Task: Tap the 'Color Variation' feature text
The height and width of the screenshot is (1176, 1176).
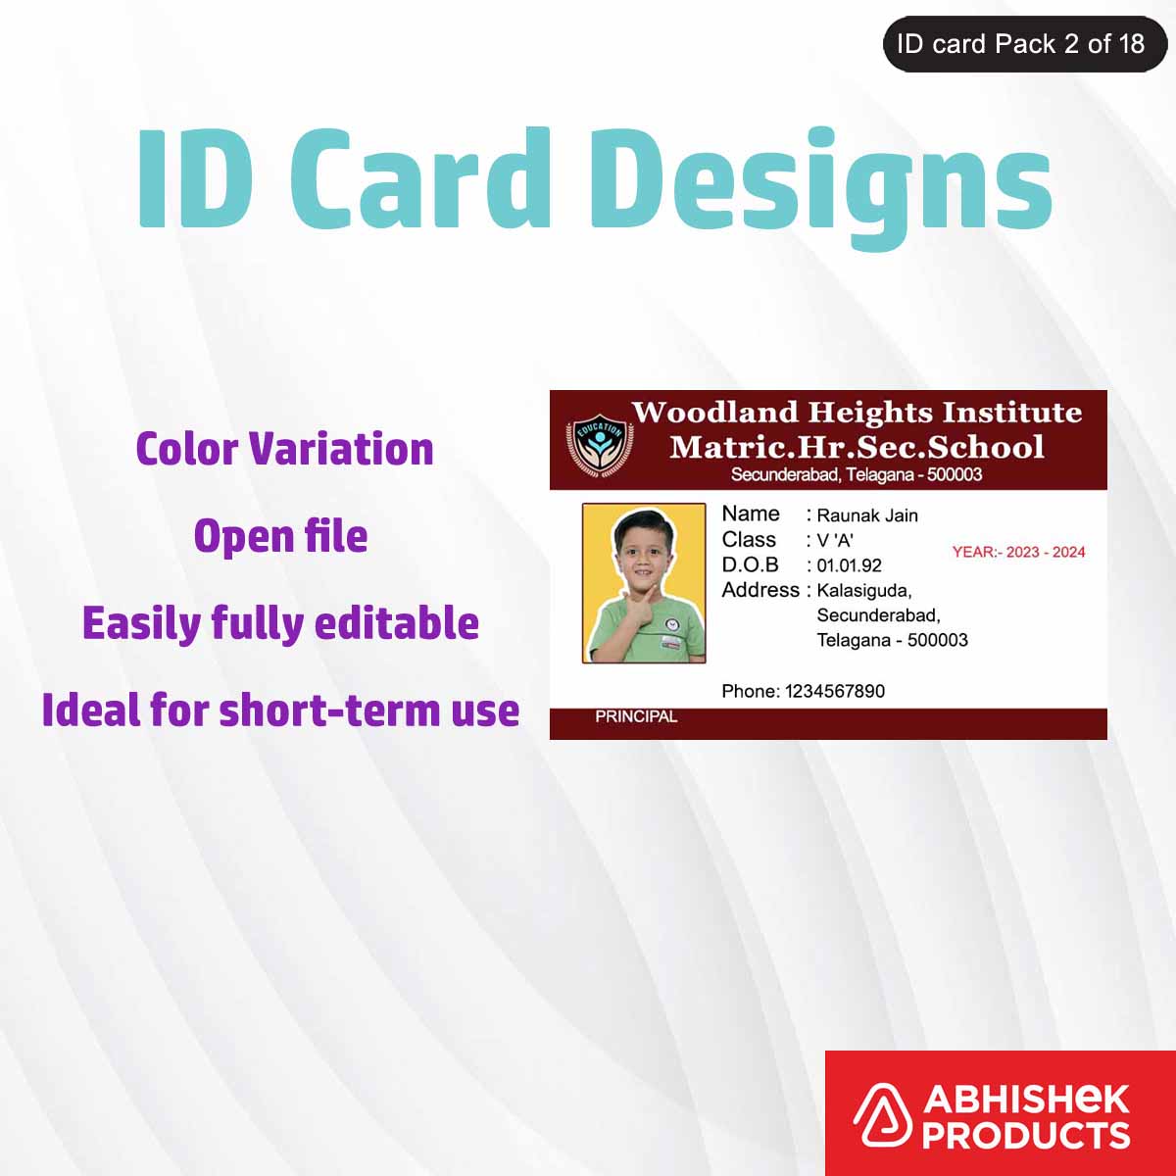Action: (x=284, y=449)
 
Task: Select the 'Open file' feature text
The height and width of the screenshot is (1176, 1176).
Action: (x=280, y=536)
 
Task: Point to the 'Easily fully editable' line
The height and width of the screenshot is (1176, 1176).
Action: (x=280, y=623)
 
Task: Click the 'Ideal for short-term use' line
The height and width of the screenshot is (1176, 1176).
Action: (x=280, y=710)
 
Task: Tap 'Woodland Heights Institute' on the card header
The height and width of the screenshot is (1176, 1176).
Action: (x=857, y=413)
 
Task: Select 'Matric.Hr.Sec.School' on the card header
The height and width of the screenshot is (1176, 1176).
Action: (x=857, y=447)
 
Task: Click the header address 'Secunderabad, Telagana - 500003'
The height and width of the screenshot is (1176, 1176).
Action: (x=857, y=475)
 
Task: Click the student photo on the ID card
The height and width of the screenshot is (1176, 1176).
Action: (x=644, y=583)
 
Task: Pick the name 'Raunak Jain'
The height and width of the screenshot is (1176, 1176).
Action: (x=867, y=515)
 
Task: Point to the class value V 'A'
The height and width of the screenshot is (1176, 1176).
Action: (x=835, y=540)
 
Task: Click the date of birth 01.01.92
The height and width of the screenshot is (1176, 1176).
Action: (x=849, y=565)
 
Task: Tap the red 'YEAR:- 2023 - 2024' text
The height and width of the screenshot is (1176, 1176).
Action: (x=1018, y=553)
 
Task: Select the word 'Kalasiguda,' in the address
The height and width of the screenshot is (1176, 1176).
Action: (x=864, y=591)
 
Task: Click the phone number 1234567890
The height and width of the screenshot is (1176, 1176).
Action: (x=835, y=691)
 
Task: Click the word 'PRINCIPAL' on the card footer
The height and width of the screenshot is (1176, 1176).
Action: (x=636, y=717)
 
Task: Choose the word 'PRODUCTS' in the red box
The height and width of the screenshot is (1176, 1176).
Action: (x=1025, y=1135)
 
